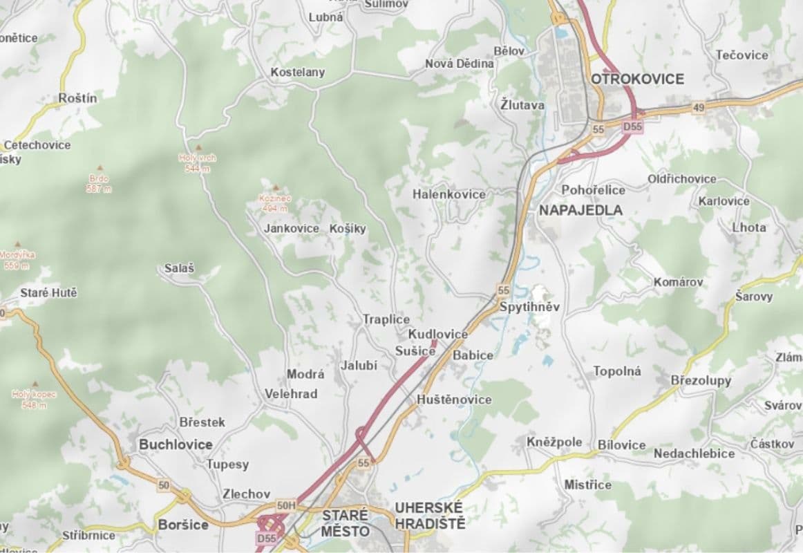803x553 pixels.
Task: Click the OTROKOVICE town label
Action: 637,79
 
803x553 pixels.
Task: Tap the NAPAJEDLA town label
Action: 580,210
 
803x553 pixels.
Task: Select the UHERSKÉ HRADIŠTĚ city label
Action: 430,516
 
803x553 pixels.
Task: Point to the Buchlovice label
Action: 176,444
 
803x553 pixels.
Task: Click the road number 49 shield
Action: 698,107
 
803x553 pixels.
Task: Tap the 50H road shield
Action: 285,506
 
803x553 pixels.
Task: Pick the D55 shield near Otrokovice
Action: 632,127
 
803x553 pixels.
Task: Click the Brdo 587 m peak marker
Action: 99,168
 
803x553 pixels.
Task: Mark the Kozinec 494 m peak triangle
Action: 276,187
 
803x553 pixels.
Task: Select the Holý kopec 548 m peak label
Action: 33,399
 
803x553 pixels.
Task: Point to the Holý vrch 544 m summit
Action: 198,148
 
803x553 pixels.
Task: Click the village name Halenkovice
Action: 449,194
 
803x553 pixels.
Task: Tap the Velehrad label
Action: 291,394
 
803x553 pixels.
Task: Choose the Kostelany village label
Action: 298,72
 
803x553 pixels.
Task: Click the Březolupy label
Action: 701,380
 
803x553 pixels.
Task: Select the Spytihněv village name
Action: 529,307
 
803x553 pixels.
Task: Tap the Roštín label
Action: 78,98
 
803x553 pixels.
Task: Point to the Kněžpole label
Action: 554,442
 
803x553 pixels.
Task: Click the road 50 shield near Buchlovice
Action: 163,485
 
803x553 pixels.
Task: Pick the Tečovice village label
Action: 741,55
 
